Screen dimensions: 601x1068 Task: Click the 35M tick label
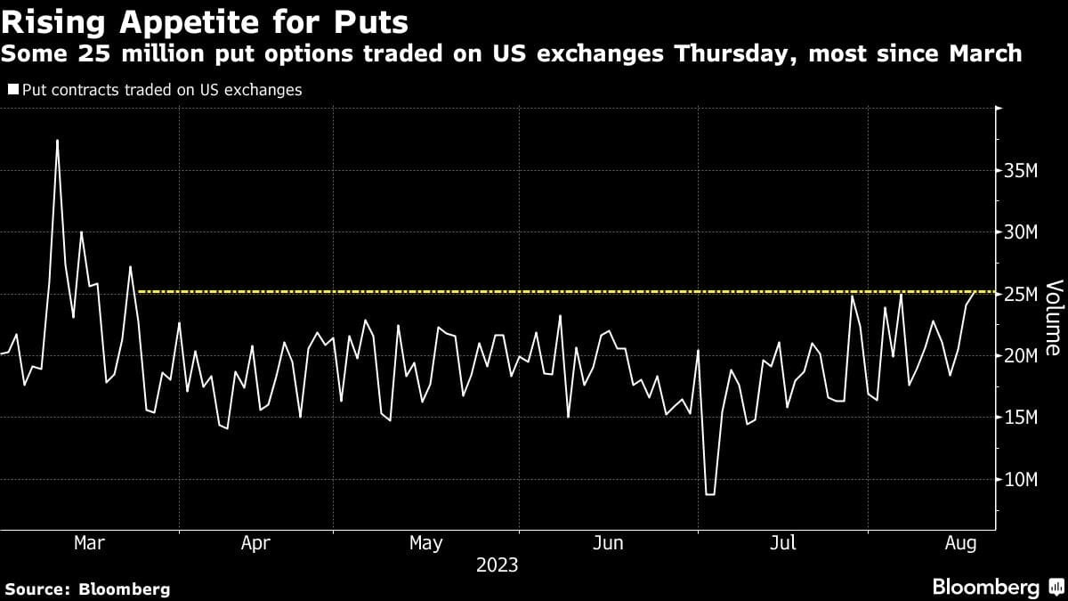[1020, 170]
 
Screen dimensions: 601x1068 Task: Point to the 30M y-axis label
[1020, 232]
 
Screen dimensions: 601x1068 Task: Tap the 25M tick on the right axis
[1020, 294]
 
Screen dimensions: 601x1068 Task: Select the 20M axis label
[1020, 356]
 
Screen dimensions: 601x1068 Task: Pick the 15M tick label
[1020, 418]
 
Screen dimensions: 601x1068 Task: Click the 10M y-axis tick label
[1020, 480]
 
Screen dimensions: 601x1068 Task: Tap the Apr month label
[255, 543]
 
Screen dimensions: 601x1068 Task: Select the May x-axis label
[425, 543]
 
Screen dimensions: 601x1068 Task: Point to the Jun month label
[609, 543]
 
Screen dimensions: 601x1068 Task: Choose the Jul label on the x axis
[782, 543]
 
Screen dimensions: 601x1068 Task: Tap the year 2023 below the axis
[498, 564]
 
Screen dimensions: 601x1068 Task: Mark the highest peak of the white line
[57, 140]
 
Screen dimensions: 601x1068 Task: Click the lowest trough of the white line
[709, 494]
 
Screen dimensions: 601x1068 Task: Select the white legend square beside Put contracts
[13, 90]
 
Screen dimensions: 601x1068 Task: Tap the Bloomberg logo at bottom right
[985, 587]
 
